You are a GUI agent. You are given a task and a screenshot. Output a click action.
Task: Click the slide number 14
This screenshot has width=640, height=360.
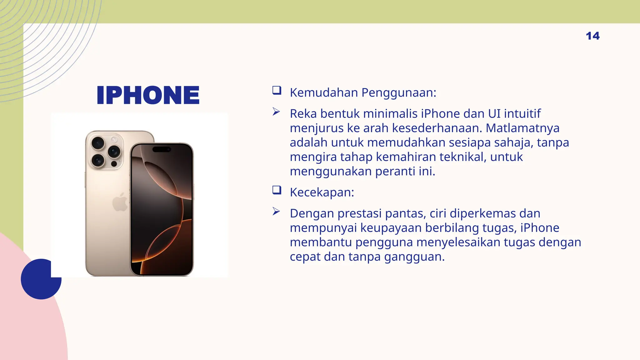[592, 36]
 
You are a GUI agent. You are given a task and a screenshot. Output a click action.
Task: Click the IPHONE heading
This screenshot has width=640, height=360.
[148, 95]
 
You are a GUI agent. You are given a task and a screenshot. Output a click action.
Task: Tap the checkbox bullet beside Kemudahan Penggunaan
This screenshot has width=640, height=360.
[277, 91]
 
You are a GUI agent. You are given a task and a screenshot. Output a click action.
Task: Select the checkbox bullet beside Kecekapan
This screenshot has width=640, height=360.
[277, 190]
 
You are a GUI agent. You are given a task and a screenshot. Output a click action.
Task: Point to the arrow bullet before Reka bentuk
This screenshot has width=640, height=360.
[276, 112]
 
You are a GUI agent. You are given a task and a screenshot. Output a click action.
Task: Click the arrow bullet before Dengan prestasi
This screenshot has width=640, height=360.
[276, 212]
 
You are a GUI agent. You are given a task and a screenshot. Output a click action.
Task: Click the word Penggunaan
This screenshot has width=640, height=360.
[399, 93]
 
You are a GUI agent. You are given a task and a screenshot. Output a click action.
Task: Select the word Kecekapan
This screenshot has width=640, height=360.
[322, 192]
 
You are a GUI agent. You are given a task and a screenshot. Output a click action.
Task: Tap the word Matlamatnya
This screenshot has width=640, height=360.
[522, 128]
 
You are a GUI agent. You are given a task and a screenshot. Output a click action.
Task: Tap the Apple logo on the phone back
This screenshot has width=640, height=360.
[120, 202]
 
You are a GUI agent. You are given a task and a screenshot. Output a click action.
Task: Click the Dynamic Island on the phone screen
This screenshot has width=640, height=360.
[162, 149]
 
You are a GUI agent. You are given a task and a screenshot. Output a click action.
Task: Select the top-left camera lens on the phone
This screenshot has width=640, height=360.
[98, 143]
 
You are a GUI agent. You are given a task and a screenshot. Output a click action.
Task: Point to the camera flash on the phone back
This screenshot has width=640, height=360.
[114, 139]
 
